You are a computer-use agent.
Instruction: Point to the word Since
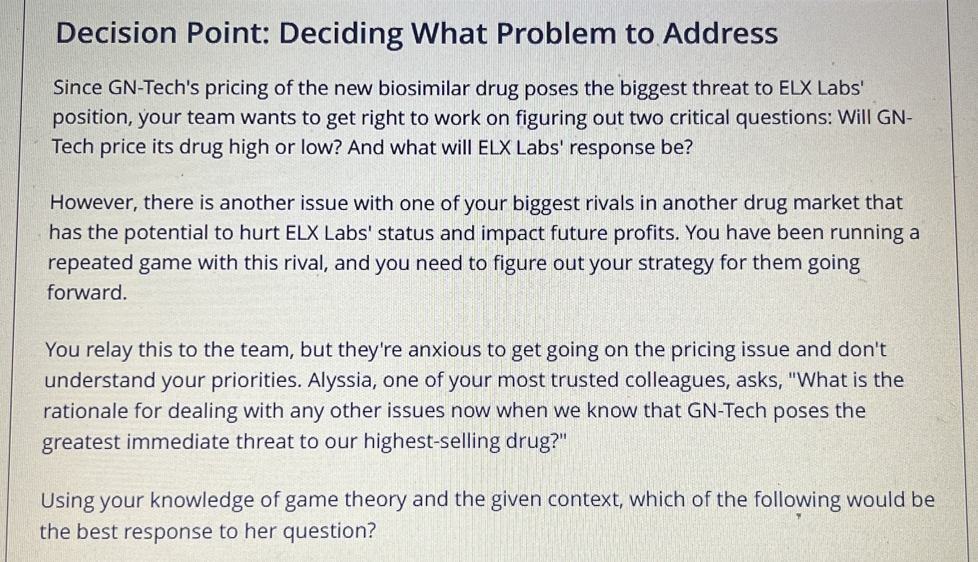(77, 88)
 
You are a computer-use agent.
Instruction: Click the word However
(93, 203)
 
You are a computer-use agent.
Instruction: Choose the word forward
(87, 293)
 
